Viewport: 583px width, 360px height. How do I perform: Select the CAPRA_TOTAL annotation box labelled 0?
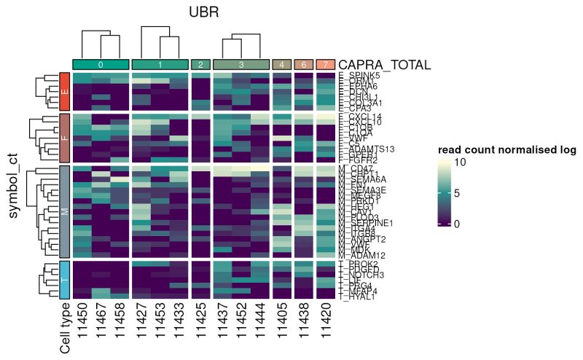pos(101,65)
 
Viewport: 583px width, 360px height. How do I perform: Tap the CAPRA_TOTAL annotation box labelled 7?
pos(326,65)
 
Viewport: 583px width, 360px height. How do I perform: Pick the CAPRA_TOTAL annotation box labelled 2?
pos(200,65)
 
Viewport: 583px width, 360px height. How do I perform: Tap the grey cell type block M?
pos(65,212)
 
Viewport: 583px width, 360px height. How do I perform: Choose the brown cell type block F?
pos(65,137)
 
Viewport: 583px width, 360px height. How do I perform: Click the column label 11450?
pos(82,320)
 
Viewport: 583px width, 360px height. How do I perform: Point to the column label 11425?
pos(200,320)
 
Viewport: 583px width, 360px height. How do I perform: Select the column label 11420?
pos(326,320)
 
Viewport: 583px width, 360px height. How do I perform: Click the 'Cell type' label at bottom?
pos(65,327)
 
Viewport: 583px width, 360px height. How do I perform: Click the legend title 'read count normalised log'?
pos(507,150)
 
